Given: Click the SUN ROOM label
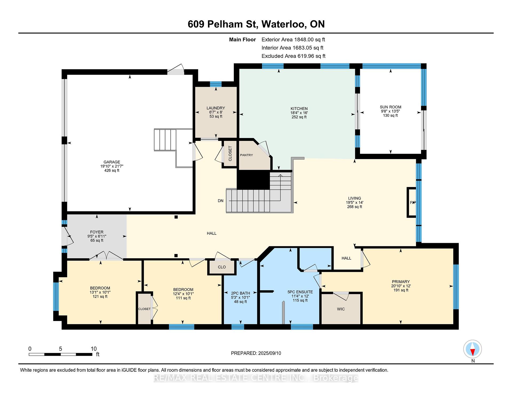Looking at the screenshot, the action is [x=390, y=107].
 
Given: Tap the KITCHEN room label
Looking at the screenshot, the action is [x=299, y=109].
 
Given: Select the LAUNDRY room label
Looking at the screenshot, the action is [x=216, y=108].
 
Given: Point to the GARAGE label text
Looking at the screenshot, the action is [x=112, y=162].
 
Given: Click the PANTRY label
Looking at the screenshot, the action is [x=246, y=155].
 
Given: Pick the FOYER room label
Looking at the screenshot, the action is [x=97, y=232].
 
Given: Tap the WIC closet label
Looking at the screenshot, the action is [x=341, y=309].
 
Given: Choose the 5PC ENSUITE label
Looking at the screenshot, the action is [x=300, y=292].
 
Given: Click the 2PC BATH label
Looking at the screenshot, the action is [x=240, y=293].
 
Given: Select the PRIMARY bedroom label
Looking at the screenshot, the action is [x=401, y=282].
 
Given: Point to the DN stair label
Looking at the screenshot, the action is [x=221, y=201].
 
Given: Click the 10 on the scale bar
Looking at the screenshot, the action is [x=94, y=349].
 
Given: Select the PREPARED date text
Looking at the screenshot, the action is [x=256, y=353].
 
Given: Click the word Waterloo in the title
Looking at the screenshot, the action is [x=283, y=24].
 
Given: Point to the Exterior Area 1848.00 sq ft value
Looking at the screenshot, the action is [x=309, y=40].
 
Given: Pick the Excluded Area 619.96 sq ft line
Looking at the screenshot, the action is [x=293, y=56].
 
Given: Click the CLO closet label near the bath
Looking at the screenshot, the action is [x=222, y=267].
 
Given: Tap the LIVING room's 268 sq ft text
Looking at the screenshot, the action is [x=354, y=207].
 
